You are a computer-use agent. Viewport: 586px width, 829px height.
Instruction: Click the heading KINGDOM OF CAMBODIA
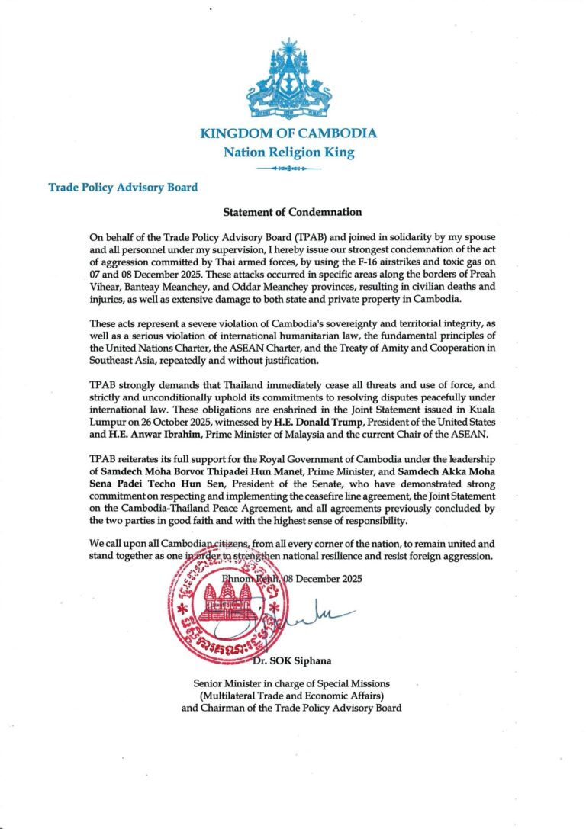pos(288,133)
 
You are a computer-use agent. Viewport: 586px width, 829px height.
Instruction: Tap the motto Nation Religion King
pos(288,152)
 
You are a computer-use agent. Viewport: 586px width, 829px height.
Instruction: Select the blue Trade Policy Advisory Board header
pos(123,187)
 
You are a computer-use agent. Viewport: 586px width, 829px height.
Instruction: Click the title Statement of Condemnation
pos(292,211)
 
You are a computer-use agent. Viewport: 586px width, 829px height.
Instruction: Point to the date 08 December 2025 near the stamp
pos(323,577)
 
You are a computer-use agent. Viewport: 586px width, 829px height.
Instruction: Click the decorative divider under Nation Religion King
pos(288,168)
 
